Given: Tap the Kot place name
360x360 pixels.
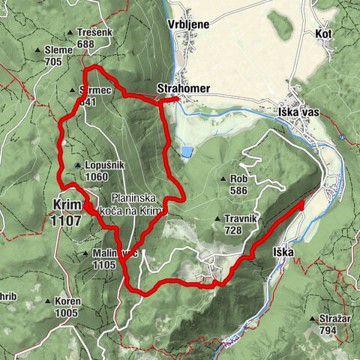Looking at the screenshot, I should [x=324, y=34].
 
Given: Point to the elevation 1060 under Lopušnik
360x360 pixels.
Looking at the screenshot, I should [x=95, y=177].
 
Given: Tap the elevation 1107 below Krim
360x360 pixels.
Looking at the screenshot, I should [x=67, y=221].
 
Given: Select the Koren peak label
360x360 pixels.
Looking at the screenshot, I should [x=67, y=301].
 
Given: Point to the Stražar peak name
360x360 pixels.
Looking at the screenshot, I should [x=335, y=318].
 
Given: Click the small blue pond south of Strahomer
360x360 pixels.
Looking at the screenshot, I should [x=184, y=152].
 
